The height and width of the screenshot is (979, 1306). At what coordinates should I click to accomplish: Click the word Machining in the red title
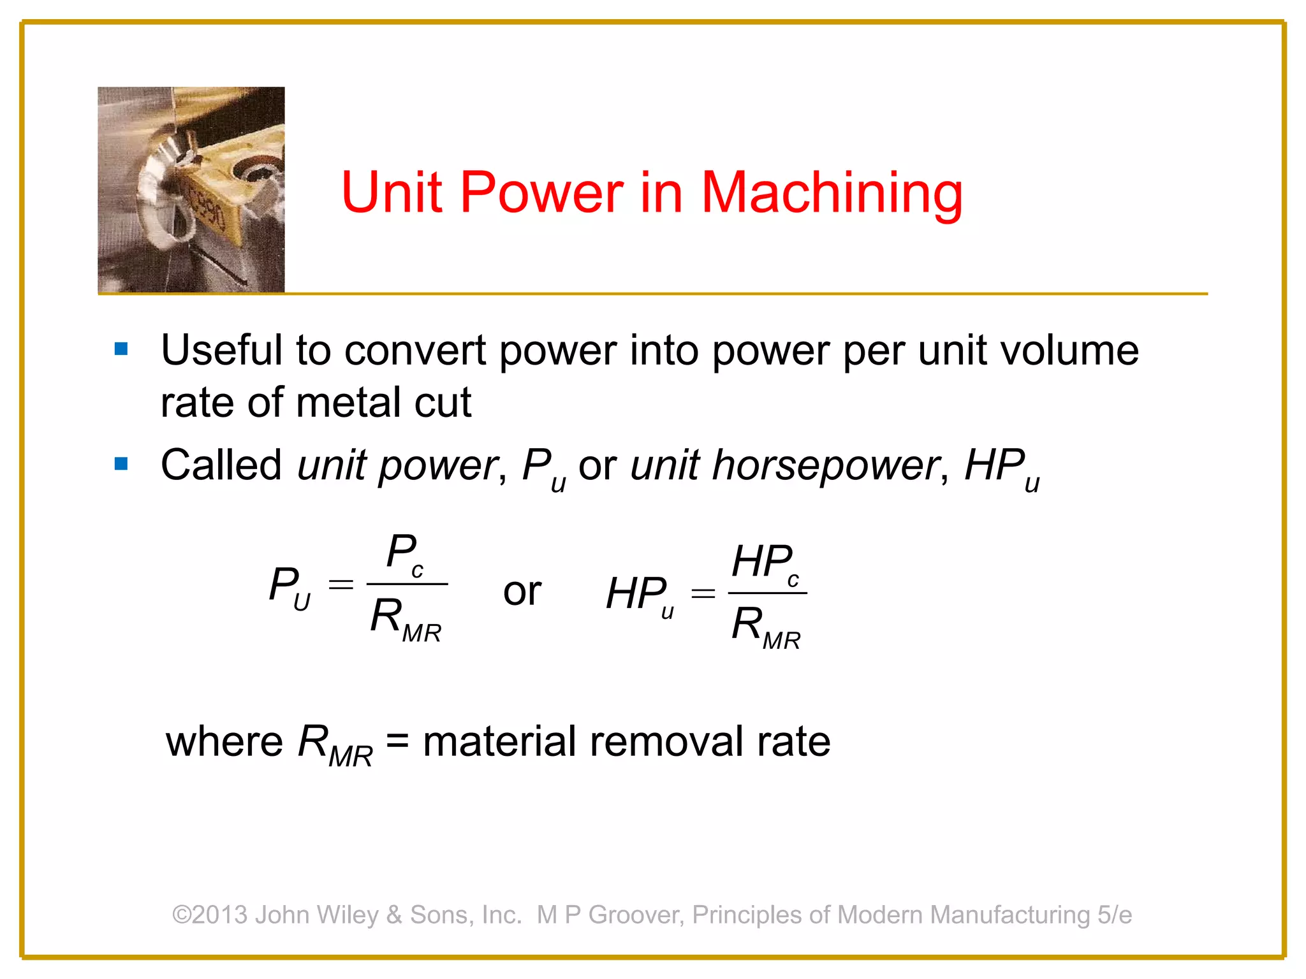coord(832,192)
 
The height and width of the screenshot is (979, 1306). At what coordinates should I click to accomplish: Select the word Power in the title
coord(541,192)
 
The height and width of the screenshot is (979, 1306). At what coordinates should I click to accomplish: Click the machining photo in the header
coord(191,189)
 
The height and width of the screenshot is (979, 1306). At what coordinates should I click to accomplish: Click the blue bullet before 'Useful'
coord(121,349)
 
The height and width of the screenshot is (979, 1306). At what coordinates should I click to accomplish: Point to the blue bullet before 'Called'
coord(121,464)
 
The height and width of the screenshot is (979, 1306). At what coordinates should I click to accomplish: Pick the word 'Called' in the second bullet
coord(221,465)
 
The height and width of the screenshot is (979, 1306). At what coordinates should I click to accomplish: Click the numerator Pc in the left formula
coord(406,553)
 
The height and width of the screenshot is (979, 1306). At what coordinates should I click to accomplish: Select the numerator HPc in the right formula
coord(765,563)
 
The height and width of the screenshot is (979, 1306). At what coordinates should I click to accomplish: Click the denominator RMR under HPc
coord(766,627)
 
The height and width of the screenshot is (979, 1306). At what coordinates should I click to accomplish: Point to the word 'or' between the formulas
coord(522,591)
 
